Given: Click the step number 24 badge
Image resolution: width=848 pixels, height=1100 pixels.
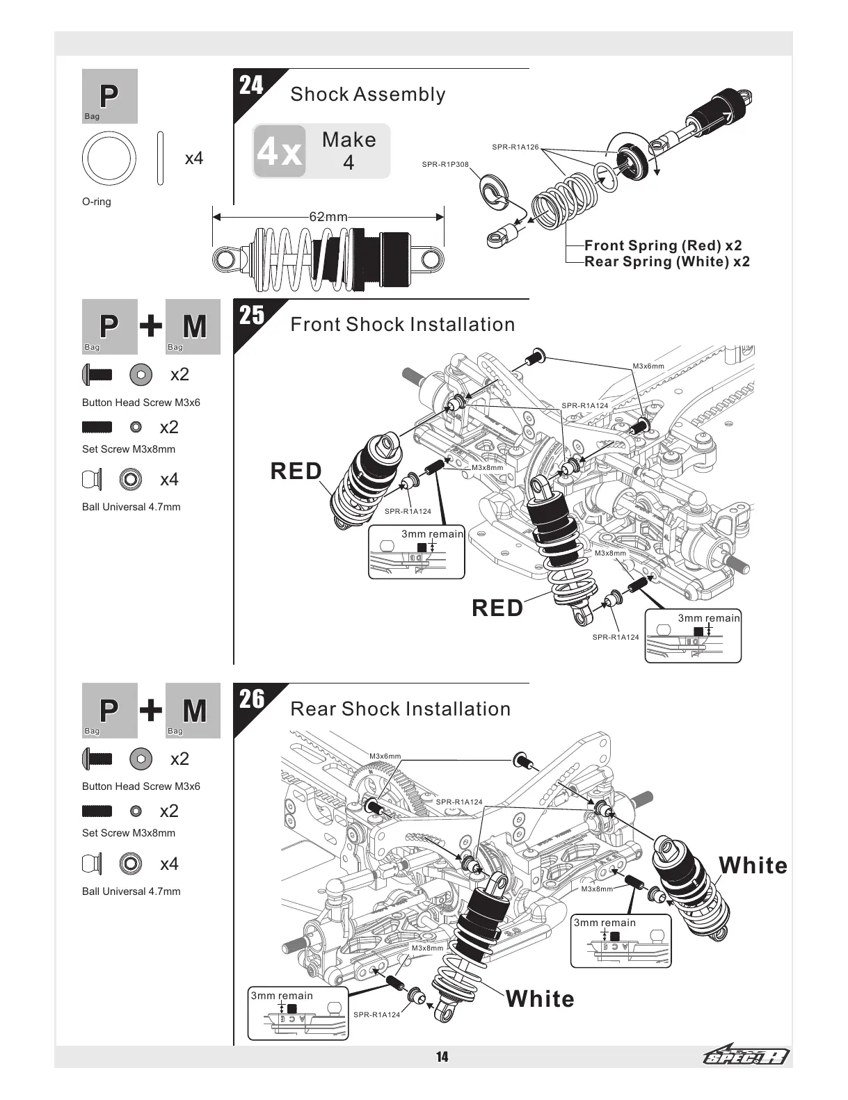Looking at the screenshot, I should coord(252,86).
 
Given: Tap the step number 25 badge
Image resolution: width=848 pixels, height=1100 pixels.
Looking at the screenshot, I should coord(252,316).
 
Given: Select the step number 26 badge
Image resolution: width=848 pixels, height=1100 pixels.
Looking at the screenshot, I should coord(252,699).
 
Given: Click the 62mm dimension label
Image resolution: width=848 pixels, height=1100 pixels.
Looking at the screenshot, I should coord(328,217).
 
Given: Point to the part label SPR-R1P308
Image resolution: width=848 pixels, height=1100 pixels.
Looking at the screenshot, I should coord(445,165).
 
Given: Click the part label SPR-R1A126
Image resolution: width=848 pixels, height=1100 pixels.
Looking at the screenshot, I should coord(515,147).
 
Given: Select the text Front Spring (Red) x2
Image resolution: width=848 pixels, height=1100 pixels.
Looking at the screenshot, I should coord(663,245).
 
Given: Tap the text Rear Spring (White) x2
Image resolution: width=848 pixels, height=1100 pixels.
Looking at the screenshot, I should coord(667,262).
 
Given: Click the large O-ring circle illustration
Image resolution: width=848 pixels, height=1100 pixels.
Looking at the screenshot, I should coord(109,158).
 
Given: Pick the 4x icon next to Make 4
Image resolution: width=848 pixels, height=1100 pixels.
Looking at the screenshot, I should coord(280,152).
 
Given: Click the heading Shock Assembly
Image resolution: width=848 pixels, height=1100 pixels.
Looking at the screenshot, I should coord(367,95).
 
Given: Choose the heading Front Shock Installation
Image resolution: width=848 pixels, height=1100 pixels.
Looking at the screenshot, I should coord(402,325).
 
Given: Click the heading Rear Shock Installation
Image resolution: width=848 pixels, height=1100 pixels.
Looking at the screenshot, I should coord(400,709).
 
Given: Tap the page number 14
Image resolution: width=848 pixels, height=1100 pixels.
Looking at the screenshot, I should coord(442,1058).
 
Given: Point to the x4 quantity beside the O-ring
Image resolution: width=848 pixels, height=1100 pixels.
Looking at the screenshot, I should coord(194,159).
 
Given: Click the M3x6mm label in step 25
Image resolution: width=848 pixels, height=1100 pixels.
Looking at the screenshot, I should coord(648,366).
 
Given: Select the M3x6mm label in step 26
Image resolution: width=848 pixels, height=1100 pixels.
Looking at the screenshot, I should coord(385,756).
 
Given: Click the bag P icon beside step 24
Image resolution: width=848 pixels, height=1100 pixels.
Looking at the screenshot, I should coord(109,96).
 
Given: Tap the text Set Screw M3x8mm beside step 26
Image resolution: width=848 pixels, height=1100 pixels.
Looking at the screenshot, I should coord(129,833).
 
